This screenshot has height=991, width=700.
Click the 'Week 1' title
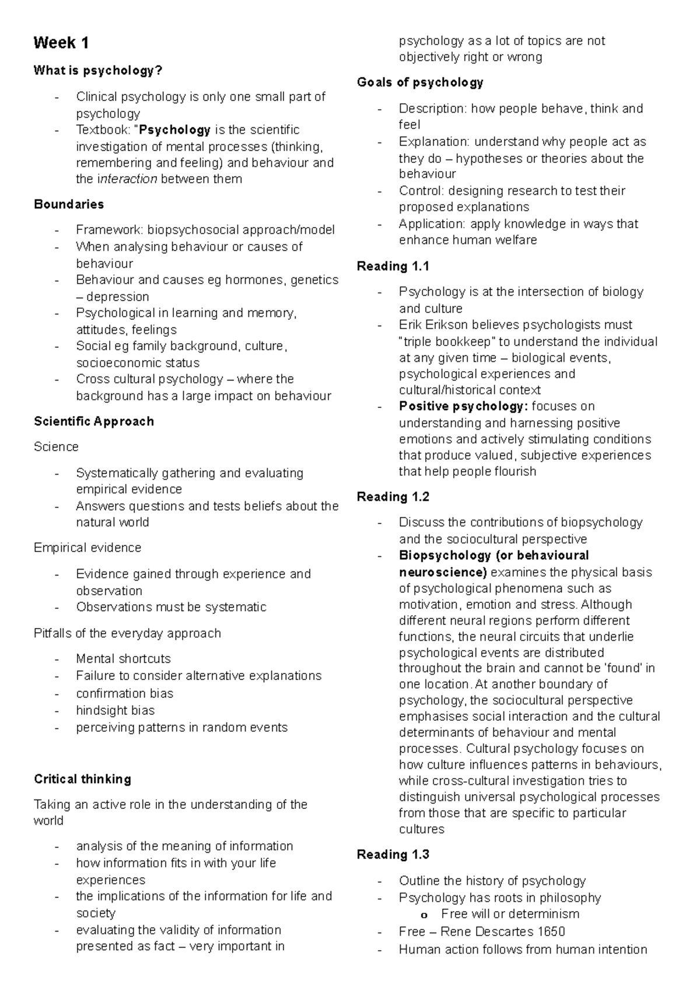coord(61,43)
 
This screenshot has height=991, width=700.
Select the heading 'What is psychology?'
coord(98,71)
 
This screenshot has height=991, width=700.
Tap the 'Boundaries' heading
coord(69,204)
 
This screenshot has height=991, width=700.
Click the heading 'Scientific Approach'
coord(94,421)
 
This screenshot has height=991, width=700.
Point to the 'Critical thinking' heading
coord(82,779)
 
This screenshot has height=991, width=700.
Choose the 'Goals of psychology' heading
coord(420,82)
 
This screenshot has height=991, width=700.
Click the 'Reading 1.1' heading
coord(393,266)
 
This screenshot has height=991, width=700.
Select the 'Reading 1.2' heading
coord(393,497)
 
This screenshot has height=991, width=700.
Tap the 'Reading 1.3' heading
coord(393,854)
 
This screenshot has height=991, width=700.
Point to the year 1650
coord(551,931)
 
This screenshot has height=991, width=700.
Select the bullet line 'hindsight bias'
coord(115,710)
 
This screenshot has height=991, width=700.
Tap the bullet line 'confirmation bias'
coord(124,693)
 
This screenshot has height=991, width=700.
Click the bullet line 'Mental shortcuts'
coord(123,659)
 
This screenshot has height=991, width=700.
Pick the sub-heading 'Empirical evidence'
coord(87,547)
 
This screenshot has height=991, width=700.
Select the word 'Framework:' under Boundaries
coord(110,230)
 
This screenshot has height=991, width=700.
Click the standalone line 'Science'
coord(56,446)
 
